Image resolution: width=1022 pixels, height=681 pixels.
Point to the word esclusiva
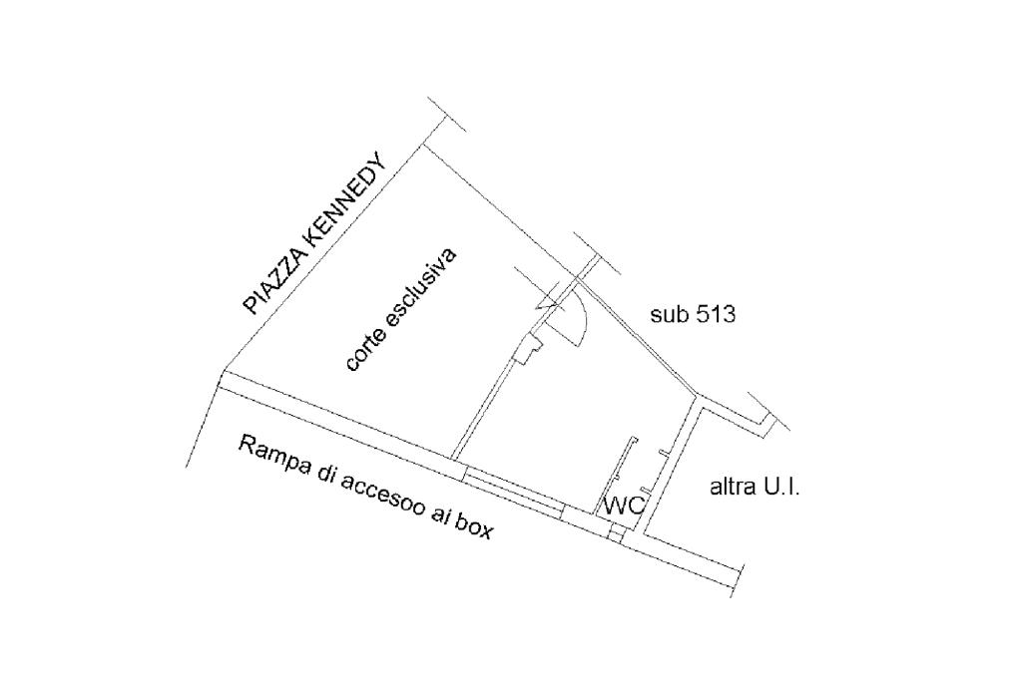(422, 284)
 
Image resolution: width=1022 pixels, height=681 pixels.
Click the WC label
(626, 506)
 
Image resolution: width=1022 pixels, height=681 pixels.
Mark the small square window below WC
(616, 536)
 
